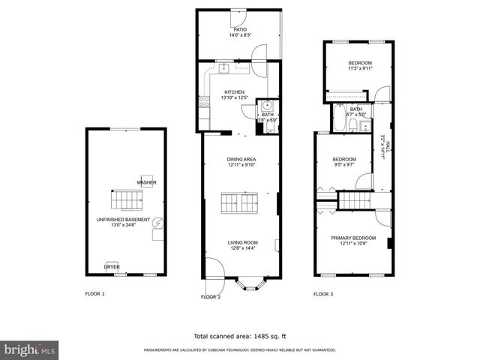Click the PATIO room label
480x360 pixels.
coord(239,29)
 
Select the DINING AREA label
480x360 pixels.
coord(241,159)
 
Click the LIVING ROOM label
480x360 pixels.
coord(243,242)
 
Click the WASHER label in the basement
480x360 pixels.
coord(145,182)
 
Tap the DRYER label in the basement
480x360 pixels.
coord(112,266)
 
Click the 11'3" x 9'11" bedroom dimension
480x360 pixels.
coord(360,68)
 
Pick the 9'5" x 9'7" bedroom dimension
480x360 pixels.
coord(344,165)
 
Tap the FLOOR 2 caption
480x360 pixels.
coord(210,297)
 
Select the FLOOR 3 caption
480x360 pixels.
coord(323,294)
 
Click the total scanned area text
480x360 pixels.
coord(239,336)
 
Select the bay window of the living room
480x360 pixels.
coord(249,284)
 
